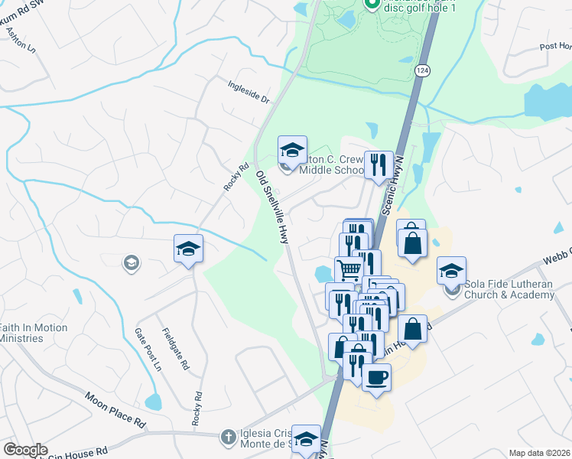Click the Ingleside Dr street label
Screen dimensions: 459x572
[249, 91]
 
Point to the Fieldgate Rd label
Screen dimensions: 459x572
[176, 350]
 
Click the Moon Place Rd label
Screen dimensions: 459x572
[115, 410]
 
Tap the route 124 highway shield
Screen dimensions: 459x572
[423, 70]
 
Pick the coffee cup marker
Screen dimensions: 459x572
[375, 377]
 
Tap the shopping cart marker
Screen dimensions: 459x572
[349, 269]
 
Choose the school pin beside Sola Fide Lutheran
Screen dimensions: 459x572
[451, 270]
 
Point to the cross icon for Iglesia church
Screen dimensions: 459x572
[227, 438]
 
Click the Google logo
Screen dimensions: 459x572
[25, 450]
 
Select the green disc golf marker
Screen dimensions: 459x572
[372, 4]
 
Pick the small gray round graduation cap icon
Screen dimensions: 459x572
[132, 264]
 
